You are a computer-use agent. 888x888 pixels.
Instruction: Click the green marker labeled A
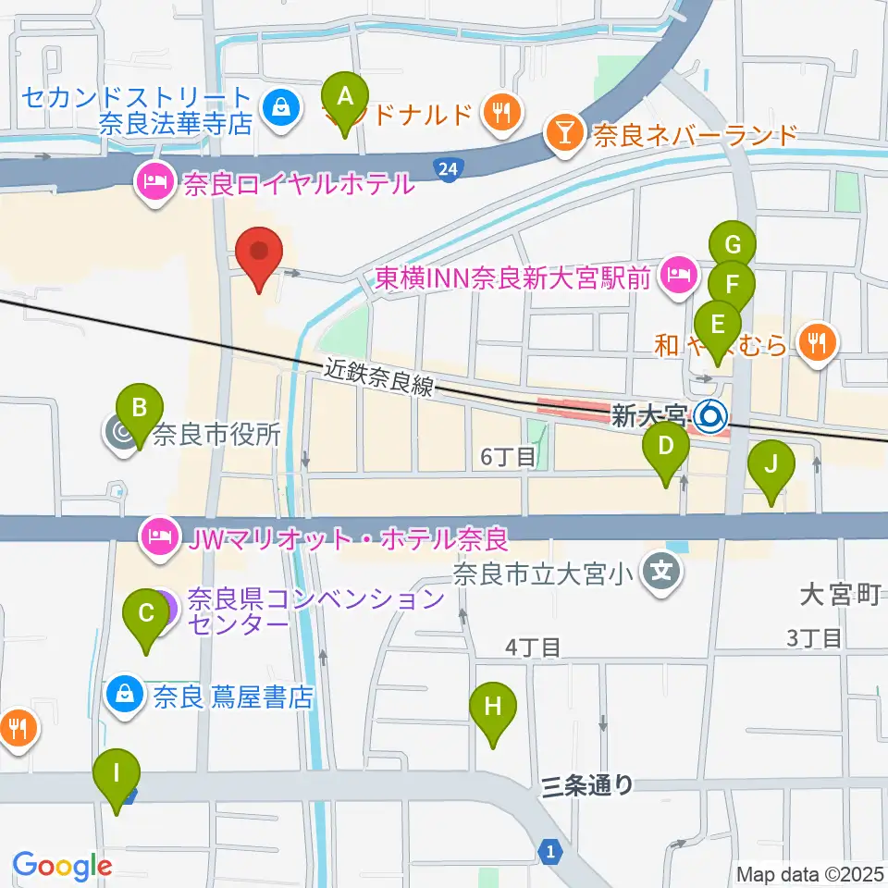(x=345, y=98)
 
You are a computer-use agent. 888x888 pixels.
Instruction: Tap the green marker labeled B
(x=140, y=411)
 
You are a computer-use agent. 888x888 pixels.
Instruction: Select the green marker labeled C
(x=146, y=616)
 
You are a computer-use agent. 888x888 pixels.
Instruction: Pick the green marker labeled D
(x=666, y=449)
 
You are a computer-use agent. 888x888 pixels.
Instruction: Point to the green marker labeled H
(x=493, y=710)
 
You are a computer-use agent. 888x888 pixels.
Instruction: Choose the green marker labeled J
(x=774, y=467)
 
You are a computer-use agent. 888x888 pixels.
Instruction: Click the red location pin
(x=258, y=254)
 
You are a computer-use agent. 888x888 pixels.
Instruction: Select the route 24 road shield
(x=448, y=168)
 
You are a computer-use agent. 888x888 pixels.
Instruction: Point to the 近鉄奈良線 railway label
(x=378, y=376)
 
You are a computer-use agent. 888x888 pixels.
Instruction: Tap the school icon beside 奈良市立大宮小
(x=662, y=573)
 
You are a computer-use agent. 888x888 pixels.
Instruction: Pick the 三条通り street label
(x=587, y=785)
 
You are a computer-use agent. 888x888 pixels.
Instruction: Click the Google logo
(x=62, y=866)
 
